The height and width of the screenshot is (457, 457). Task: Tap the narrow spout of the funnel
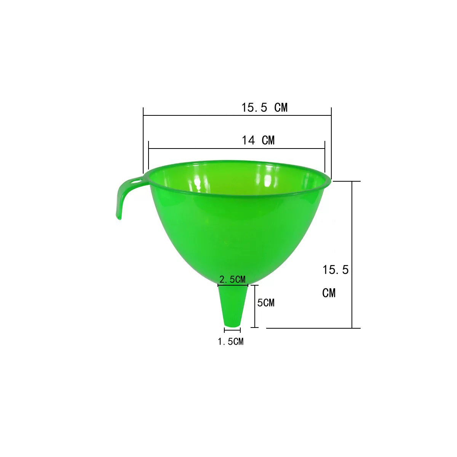coord(233,306)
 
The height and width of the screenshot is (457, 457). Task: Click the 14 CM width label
coord(258,140)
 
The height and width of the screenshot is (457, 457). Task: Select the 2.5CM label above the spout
coord(232,280)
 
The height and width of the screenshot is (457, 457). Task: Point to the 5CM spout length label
coord(266,303)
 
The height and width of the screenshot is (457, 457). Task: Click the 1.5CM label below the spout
coord(231,342)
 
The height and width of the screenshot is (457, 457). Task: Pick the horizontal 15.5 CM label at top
coord(264,107)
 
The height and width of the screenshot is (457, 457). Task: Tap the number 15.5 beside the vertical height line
coord(336,270)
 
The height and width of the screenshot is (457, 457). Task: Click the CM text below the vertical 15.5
coord(329,293)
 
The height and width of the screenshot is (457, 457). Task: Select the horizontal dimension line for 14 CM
coord(236,149)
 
